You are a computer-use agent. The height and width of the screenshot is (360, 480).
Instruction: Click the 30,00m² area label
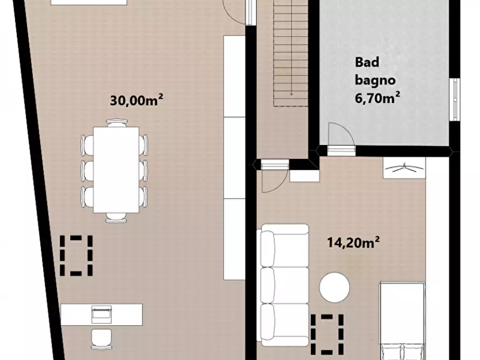tap(136, 100)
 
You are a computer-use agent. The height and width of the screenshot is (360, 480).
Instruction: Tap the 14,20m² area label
tap(353, 242)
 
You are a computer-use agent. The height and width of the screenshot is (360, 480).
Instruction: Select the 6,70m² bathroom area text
tap(377, 98)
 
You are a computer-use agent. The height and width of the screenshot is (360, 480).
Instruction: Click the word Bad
tap(367, 62)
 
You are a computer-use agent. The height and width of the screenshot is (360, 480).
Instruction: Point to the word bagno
tap(375, 81)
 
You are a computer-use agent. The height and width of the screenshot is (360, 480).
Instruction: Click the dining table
tap(116, 170)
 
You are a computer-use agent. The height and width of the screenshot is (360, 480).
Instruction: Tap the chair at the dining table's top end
tap(117, 123)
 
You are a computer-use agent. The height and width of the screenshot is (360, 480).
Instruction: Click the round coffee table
tap(334, 287)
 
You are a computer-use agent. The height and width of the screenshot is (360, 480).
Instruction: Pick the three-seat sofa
tap(284, 285)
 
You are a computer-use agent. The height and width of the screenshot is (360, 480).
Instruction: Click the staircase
tap(291, 53)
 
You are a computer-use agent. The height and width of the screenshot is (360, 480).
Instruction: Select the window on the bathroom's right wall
tap(455, 99)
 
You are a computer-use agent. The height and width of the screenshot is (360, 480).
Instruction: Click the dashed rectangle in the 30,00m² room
tap(76, 255)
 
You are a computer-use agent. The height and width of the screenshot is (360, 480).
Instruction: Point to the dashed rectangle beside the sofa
tap(327, 333)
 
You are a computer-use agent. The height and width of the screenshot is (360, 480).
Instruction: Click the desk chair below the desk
tap(102, 339)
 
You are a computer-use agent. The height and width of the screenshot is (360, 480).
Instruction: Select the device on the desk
tap(102, 314)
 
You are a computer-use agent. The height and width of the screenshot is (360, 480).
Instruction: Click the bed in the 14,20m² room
tap(402, 321)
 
